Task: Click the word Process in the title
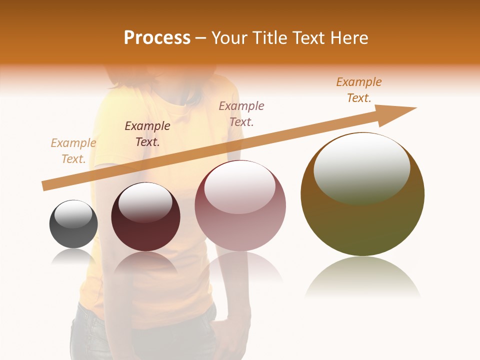click(157, 38)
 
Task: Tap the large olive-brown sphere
click(362, 220)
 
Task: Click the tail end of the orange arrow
click(44, 186)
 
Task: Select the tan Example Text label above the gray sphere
click(73, 151)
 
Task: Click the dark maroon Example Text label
click(147, 134)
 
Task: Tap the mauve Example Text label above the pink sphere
click(241, 113)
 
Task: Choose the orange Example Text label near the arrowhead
click(359, 90)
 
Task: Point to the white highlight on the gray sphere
click(73, 214)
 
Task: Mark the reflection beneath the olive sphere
click(362, 277)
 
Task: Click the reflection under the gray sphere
click(73, 256)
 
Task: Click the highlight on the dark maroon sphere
click(145, 202)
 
